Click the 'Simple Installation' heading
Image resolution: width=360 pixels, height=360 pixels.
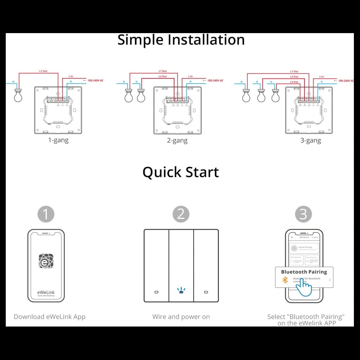click(181, 40)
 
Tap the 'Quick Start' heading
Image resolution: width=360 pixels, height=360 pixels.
click(181, 172)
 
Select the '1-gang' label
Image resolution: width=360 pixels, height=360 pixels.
click(58, 140)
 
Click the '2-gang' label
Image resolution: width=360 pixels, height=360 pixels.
click(177, 140)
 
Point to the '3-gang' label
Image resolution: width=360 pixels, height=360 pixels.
click(311, 140)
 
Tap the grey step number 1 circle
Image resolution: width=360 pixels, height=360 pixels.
click(46, 214)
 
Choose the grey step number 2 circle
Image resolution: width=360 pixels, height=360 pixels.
click(181, 214)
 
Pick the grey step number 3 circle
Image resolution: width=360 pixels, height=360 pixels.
click(303, 214)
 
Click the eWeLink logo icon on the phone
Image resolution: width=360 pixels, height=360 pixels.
click(46, 261)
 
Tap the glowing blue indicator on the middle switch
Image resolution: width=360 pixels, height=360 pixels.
click(181, 291)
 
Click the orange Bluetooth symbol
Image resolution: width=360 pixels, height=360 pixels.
click(285, 280)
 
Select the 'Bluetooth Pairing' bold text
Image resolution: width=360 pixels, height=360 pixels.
click(304, 272)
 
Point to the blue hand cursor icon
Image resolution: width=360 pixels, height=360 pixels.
click(303, 288)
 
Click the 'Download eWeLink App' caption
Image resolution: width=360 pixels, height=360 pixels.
click(50, 317)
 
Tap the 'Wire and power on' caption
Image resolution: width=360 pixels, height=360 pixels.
click(181, 317)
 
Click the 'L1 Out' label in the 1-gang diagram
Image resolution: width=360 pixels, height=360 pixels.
click(43, 71)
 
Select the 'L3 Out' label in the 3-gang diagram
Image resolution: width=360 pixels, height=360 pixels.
click(294, 82)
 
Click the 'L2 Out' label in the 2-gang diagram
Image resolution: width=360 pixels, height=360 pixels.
click(162, 76)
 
